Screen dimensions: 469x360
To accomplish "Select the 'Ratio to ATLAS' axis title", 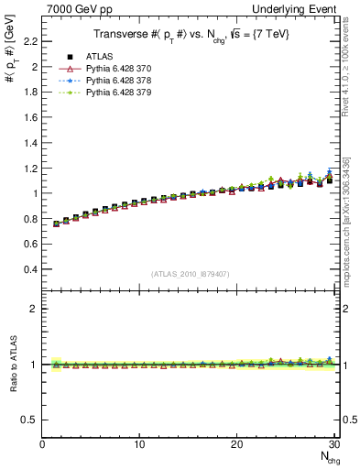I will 14,364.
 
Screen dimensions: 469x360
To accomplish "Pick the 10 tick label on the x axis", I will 139,444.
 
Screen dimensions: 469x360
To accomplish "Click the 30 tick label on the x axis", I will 334,444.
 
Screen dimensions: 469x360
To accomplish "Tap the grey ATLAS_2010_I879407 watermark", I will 191,274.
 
